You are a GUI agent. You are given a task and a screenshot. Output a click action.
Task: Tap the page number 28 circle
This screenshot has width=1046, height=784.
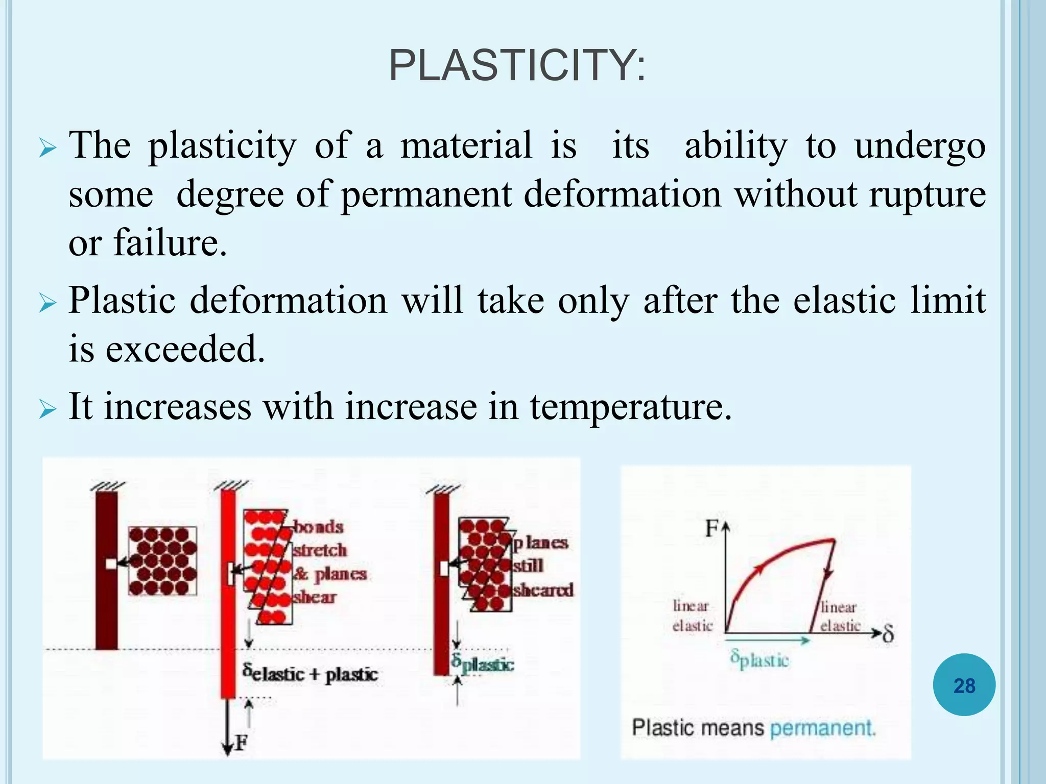[x=964, y=685]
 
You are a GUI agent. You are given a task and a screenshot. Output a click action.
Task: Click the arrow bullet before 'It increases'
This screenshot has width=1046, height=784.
[x=46, y=409]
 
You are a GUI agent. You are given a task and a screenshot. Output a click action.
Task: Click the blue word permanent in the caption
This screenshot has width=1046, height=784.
[x=822, y=728]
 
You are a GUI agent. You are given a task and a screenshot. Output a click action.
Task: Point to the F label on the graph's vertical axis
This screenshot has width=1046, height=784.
[x=711, y=528]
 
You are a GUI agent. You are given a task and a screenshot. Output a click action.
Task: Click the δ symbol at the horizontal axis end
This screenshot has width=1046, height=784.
[x=888, y=635]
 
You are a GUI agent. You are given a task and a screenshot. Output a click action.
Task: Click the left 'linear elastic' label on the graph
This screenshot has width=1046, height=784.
[x=692, y=616]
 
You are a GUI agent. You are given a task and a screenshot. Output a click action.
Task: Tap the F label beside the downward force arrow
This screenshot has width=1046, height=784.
[x=241, y=743]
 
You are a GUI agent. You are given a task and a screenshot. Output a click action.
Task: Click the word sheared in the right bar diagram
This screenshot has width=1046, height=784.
[x=543, y=590]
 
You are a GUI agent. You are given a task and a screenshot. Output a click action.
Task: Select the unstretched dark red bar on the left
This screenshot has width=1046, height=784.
[x=106, y=569]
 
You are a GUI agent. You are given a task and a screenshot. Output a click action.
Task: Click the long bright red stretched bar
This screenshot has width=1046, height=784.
[x=228, y=592]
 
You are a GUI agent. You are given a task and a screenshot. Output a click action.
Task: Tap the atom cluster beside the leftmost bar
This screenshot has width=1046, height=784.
[x=162, y=561]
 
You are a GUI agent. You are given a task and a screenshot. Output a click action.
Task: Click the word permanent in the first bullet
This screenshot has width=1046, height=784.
[x=426, y=195]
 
